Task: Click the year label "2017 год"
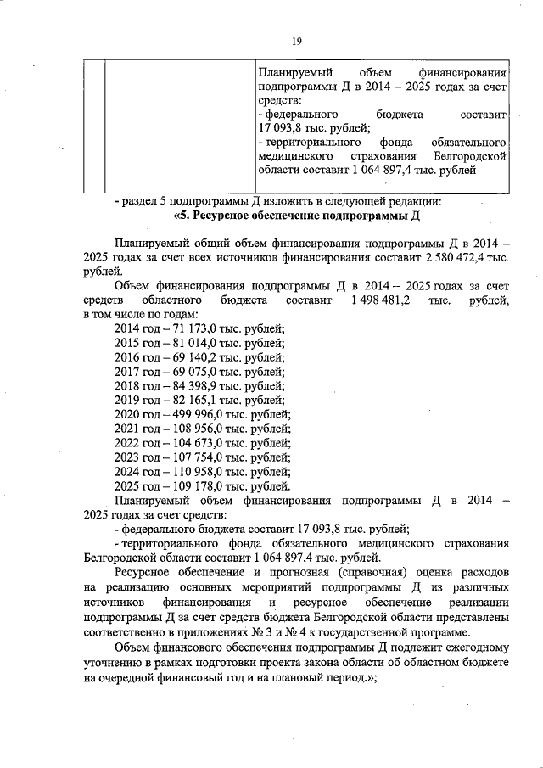[137, 372]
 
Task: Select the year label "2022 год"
[137, 444]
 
